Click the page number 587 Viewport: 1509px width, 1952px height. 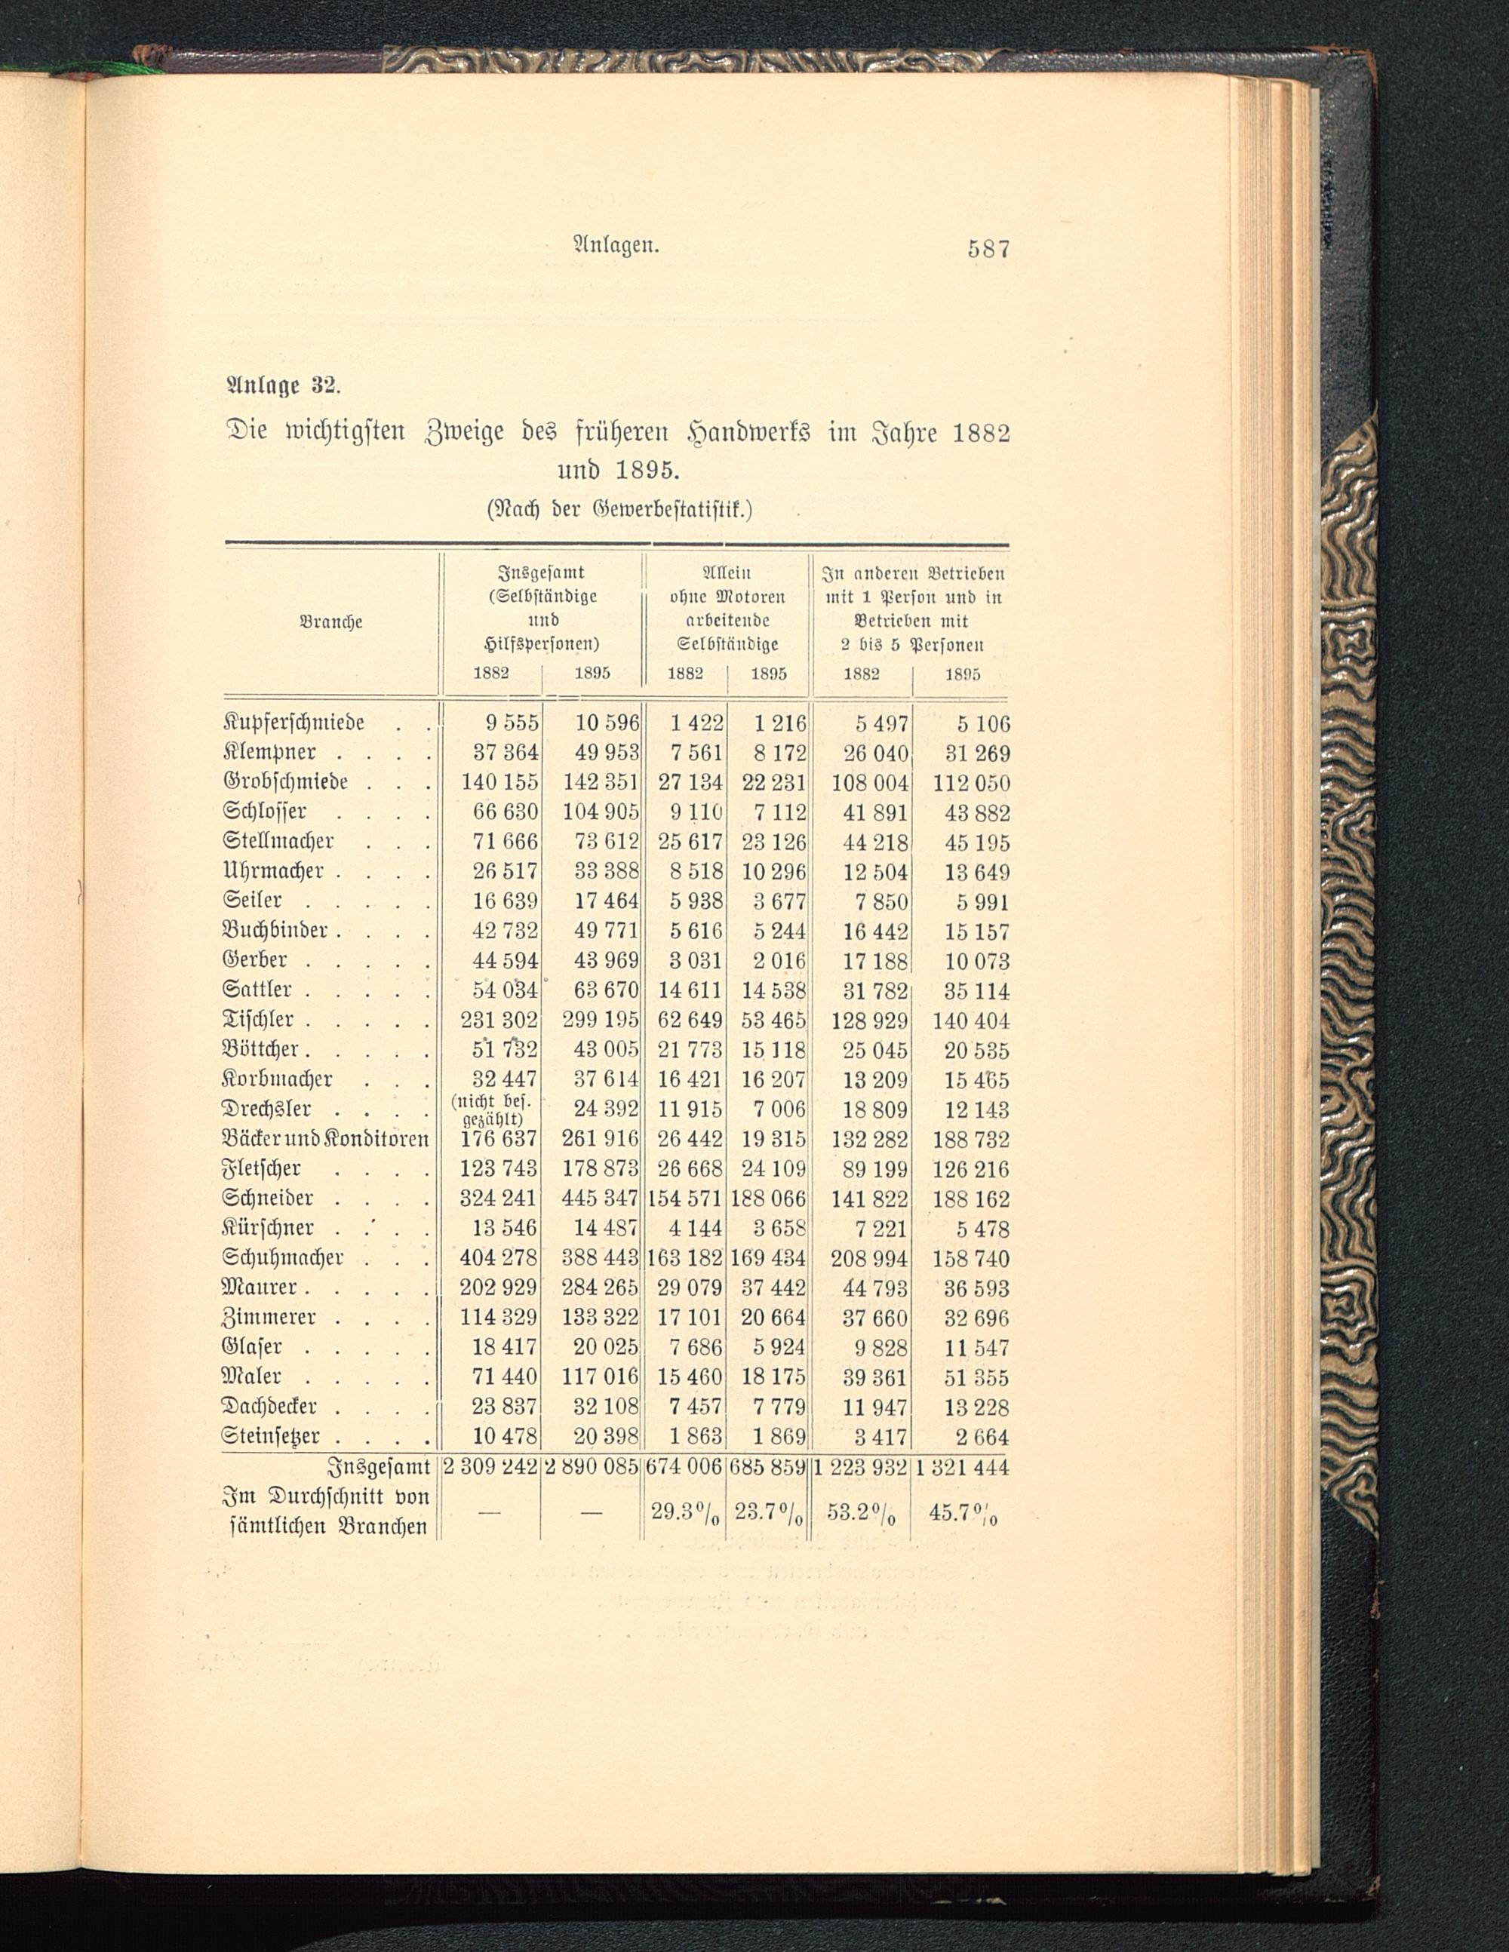[x=988, y=248]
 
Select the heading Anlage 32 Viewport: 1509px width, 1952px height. [x=280, y=387]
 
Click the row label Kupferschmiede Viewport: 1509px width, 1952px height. [x=294, y=721]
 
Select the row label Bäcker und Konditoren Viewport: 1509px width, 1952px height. [x=326, y=1140]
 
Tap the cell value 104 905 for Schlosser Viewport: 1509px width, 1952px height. [x=600, y=812]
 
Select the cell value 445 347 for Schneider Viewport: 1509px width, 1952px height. [x=600, y=1199]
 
